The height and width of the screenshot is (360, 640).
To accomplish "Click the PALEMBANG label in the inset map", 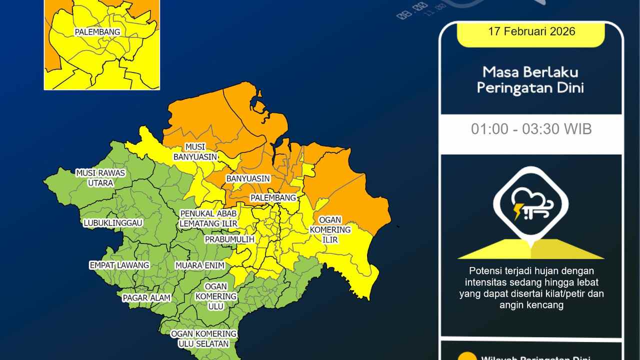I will click(x=97, y=32).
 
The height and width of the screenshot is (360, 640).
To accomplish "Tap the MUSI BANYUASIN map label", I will click(x=195, y=151).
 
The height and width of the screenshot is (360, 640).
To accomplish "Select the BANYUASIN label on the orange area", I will click(x=248, y=178).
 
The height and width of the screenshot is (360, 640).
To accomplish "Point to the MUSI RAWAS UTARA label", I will click(x=100, y=177).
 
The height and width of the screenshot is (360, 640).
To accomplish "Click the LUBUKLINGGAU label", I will click(x=113, y=222).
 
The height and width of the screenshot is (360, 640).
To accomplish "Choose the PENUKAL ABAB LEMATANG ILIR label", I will click(x=208, y=218).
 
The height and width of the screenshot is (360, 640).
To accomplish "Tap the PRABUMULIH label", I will click(x=229, y=239).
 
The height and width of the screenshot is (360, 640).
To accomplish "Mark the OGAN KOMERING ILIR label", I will click(x=330, y=230).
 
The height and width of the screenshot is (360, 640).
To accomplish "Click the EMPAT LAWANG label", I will click(x=119, y=265).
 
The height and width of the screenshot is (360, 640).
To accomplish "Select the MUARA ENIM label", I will click(x=200, y=265).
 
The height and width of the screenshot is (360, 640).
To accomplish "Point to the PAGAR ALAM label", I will click(x=147, y=298).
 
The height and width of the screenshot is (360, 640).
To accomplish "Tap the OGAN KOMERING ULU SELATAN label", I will click(x=203, y=338).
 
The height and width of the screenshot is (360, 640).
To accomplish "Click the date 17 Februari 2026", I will click(x=531, y=31).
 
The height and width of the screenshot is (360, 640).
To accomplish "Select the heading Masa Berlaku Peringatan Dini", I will click(x=530, y=80).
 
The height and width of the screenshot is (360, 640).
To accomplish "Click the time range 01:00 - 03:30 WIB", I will click(x=531, y=129).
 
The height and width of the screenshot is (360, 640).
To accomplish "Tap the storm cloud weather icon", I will click(x=531, y=204).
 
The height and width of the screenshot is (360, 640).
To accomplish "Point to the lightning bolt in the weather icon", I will click(x=517, y=211).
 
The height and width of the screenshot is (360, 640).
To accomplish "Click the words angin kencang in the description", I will click(x=531, y=305).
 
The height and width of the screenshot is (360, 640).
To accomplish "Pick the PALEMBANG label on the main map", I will click(x=273, y=198).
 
